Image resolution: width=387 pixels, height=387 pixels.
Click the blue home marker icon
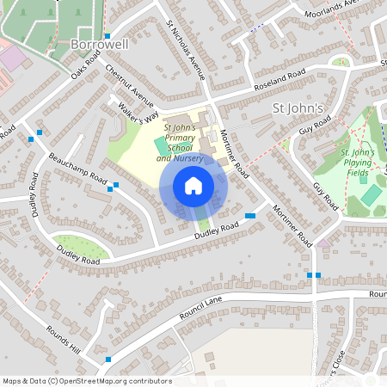click(193, 186)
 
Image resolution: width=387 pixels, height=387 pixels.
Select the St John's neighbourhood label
click(297, 108)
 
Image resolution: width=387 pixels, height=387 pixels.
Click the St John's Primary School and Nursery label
click(179, 143)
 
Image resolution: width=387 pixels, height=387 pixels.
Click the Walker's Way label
click(139, 111)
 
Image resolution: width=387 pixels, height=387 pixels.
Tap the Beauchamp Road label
click(77, 170)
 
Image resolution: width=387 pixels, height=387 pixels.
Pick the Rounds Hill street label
click(64, 339)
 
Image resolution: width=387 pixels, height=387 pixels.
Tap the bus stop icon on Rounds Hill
click(108, 359)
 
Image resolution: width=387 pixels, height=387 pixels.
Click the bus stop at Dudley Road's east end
click(250, 215)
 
